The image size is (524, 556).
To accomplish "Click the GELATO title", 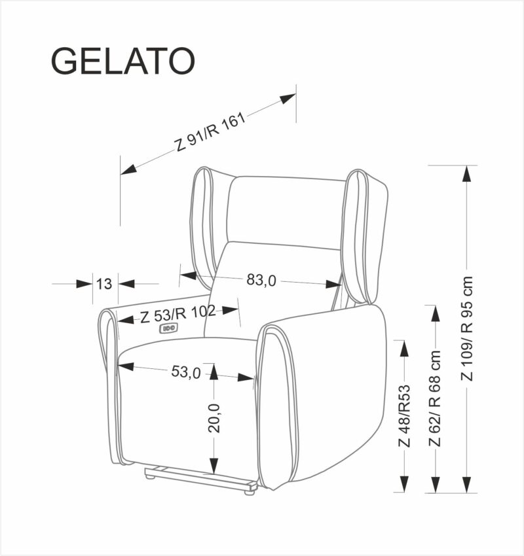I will pyautogui.click(x=122, y=61).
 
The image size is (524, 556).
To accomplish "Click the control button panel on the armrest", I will pyautogui.click(x=167, y=329).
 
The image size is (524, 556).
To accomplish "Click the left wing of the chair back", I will pyautogui.click(x=204, y=222).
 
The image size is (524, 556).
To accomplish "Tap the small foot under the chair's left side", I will pyautogui.click(x=151, y=476).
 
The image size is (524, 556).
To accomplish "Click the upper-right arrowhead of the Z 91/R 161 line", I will pyautogui.click(x=288, y=99).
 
